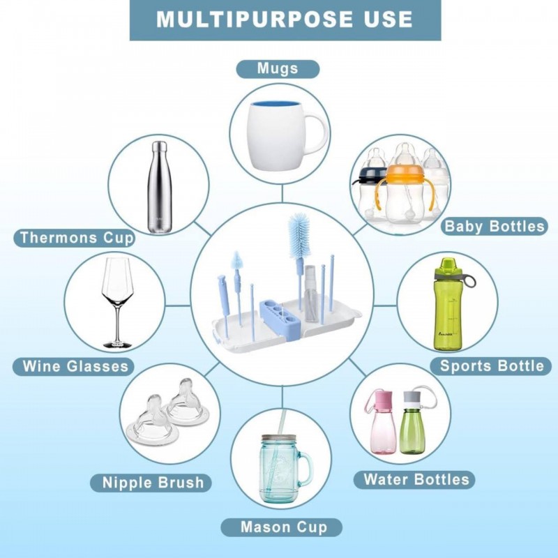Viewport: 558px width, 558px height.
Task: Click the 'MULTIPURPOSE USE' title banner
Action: point(285,20)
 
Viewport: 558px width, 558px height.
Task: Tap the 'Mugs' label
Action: point(278,68)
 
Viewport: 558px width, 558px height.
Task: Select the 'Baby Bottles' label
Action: point(495,226)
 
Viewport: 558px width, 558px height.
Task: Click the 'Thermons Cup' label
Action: point(75,238)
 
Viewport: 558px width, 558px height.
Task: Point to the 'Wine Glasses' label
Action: point(74,367)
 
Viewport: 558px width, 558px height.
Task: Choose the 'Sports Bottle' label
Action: point(491,365)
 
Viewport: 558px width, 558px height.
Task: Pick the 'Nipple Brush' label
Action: point(151,483)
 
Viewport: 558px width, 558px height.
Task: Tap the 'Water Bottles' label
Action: point(414,480)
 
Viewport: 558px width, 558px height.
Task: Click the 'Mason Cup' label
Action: point(282,527)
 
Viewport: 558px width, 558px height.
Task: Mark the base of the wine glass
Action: point(117,344)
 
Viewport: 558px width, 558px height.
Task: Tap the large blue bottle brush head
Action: point(299,235)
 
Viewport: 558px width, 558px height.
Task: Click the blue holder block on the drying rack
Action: point(281,315)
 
